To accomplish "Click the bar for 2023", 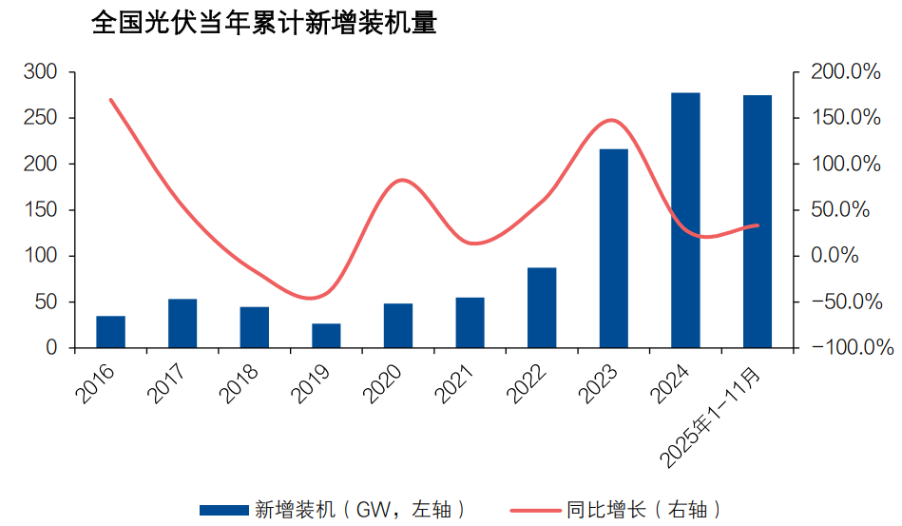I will pyautogui.click(x=613, y=248).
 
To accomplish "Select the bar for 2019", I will pyautogui.click(x=326, y=336).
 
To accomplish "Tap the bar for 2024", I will pyautogui.click(x=685, y=220).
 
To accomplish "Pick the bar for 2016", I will pyautogui.click(x=110, y=332).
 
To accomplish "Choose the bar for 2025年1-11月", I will pyautogui.click(x=758, y=222).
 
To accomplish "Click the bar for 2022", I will pyautogui.click(x=542, y=308).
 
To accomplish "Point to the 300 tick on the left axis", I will pyautogui.click(x=43, y=72).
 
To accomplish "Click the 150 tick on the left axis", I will pyautogui.click(x=43, y=210).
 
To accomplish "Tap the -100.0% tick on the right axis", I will pyautogui.click(x=844, y=348).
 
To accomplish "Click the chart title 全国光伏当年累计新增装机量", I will pyautogui.click(x=263, y=24).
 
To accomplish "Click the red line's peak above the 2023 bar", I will pyautogui.click(x=613, y=120).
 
